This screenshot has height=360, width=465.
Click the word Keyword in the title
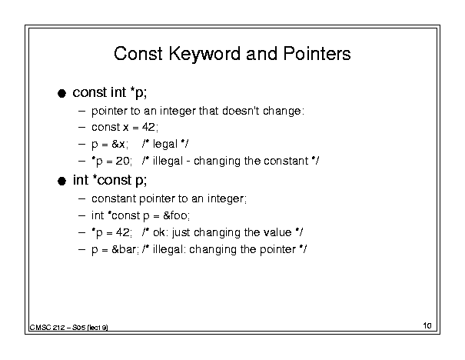pyautogui.click(x=205, y=55)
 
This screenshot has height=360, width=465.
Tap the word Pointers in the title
pyautogui.click(x=317, y=54)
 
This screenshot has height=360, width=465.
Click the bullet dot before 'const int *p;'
pyautogui.click(x=61, y=94)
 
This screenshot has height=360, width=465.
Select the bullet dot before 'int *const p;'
pyautogui.click(x=61, y=181)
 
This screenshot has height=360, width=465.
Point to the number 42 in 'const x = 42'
pyautogui.click(x=148, y=127)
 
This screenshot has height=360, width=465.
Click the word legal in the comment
pyautogui.click(x=165, y=145)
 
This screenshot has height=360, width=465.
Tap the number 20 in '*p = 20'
pyautogui.click(x=122, y=161)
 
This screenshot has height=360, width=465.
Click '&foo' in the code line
pyautogui.click(x=175, y=215)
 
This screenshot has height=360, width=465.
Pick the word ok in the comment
pyautogui.click(x=159, y=232)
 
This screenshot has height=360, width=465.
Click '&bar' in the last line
pyautogui.click(x=124, y=249)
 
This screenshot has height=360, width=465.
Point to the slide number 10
pyautogui.click(x=427, y=325)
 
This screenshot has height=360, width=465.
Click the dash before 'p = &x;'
pyautogui.click(x=81, y=145)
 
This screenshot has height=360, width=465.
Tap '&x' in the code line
pyautogui.click(x=118, y=145)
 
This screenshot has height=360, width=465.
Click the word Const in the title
pyautogui.click(x=138, y=54)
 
